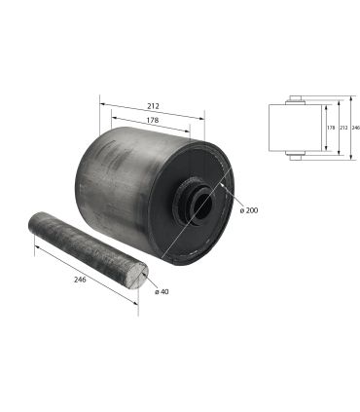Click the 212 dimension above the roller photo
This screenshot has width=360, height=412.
(153, 106)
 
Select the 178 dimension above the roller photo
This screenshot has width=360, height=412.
(153, 120)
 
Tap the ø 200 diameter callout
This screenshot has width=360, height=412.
(249, 210)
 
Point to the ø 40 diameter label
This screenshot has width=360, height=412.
(162, 291)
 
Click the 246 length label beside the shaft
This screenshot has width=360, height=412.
(80, 280)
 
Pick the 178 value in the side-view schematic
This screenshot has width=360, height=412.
(331, 128)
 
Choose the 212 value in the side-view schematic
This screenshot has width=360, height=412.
(343, 128)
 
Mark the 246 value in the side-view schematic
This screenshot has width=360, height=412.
(356, 128)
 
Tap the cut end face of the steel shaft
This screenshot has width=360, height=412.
(137, 276)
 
